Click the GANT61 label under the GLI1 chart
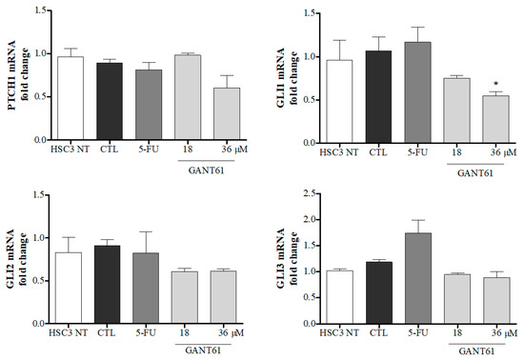coord(465,173)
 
